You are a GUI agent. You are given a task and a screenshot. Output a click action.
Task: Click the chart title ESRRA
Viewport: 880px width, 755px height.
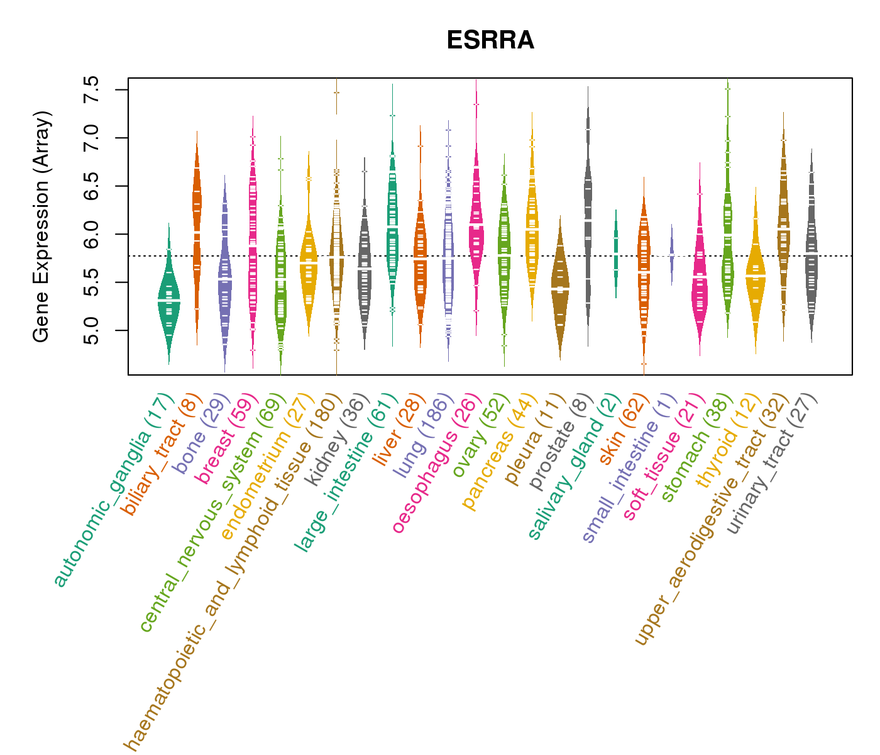490,41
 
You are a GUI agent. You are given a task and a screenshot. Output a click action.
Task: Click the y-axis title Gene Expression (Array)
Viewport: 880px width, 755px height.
41,226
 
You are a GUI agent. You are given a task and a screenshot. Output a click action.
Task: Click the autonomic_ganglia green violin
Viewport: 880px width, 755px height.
168,302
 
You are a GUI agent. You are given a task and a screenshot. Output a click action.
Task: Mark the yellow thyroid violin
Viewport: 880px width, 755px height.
756,277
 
